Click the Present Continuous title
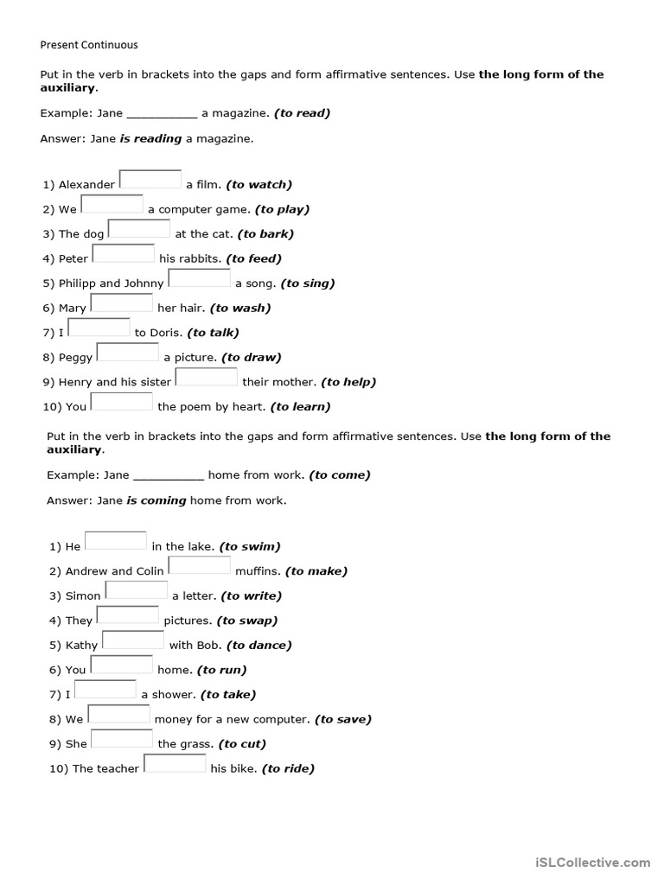pos(89,44)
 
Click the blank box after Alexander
pos(150,179)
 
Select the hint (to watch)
pos(259,184)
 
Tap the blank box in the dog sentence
pos(139,229)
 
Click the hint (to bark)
pos(265,233)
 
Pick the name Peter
pos(73,258)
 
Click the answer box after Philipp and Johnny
pos(199,278)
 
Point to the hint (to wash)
pos(240,308)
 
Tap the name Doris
pos(166,333)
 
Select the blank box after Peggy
pos(128,353)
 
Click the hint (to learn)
pos(301,406)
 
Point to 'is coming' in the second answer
pos(156,500)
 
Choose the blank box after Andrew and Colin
pos(200,565)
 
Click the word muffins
pos(258,571)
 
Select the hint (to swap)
pos(248,621)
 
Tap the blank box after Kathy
pos(133,640)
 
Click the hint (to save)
pos(343,719)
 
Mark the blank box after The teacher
pos(175,763)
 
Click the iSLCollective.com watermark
pos(593,862)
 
